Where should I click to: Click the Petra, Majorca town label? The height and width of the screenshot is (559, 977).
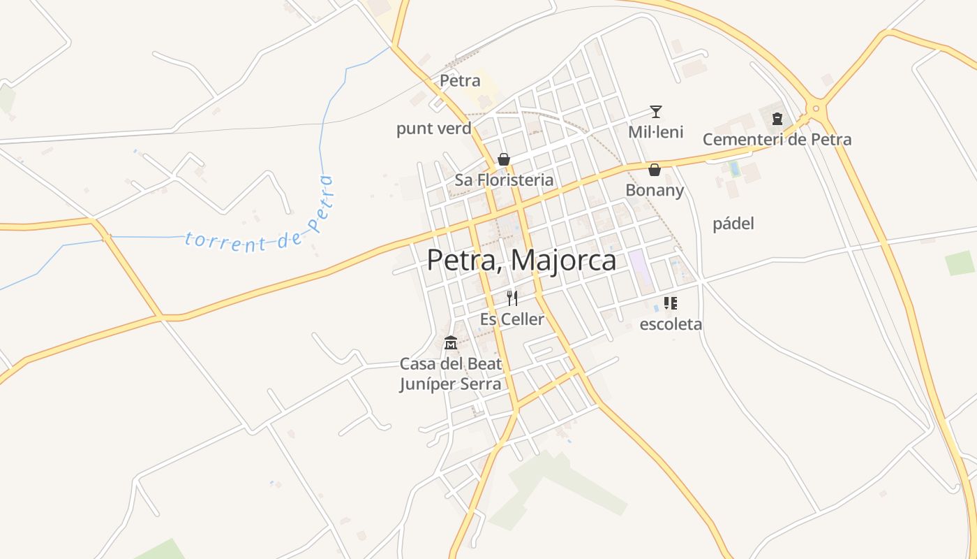(x=521, y=261)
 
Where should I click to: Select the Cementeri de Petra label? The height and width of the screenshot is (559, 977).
(x=777, y=139)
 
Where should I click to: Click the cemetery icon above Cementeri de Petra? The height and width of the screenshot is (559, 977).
(x=777, y=119)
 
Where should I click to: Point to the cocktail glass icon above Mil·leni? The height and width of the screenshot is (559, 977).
(x=655, y=111)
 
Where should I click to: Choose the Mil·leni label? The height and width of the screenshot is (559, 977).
(x=655, y=131)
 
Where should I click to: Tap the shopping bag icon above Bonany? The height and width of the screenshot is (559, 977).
(x=655, y=170)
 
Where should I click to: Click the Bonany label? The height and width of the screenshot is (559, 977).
(x=655, y=190)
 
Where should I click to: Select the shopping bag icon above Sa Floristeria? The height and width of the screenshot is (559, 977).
(x=504, y=159)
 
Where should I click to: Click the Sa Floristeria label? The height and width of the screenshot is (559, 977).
(x=504, y=180)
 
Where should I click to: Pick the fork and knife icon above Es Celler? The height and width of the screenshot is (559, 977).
(x=512, y=298)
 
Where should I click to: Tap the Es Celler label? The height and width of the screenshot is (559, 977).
(x=512, y=319)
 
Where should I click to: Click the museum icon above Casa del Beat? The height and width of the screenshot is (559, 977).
(x=451, y=343)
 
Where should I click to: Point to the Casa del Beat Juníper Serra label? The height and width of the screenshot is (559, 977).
(x=451, y=374)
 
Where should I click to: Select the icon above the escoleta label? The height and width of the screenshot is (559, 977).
(x=671, y=303)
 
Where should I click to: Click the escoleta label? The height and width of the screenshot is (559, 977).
(x=671, y=324)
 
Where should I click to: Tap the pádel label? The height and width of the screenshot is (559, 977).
(x=733, y=224)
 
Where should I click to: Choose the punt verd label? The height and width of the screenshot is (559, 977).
(x=433, y=129)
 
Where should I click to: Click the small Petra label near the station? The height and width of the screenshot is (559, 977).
(x=460, y=81)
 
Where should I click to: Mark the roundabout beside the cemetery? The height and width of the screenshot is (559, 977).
(x=815, y=108)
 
